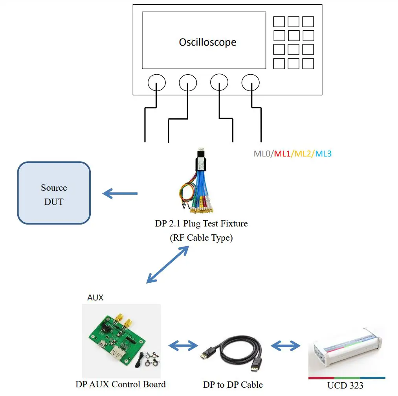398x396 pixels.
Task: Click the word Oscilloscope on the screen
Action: (207, 42)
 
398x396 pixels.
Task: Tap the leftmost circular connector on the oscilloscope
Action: (156, 83)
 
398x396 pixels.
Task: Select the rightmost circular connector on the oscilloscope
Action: (250, 83)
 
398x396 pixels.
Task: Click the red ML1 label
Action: (282, 154)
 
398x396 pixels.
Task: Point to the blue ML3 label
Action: (323, 154)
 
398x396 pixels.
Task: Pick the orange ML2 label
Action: (303, 154)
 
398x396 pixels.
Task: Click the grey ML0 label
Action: (262, 154)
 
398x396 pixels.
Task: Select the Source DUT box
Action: (54, 193)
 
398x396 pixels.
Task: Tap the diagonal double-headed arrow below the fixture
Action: (167, 264)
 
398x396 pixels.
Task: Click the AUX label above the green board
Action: (95, 298)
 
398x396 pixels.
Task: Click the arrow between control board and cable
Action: (183, 346)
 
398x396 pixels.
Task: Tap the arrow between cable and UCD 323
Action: (285, 346)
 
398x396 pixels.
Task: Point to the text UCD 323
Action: (345, 385)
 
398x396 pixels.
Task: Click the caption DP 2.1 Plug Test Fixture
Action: (201, 224)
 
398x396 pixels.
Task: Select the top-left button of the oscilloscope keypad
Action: (279, 22)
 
